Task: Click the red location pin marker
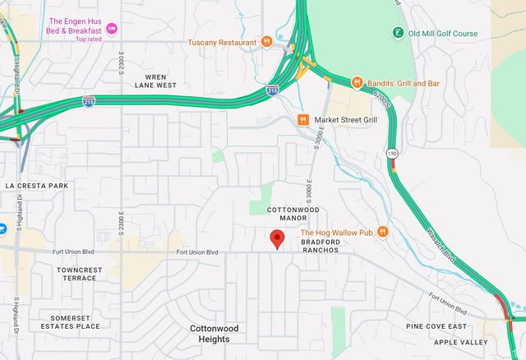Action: tap(277, 239)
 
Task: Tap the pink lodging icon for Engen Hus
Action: tap(112, 29)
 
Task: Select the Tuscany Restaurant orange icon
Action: tap(266, 42)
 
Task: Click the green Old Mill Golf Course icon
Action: tap(398, 34)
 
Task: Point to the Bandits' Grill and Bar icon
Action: tap(357, 83)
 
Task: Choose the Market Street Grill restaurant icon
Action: tap(303, 120)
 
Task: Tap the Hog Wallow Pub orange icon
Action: tap(382, 233)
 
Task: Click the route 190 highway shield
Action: tap(393, 153)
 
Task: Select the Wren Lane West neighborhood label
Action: tap(156, 80)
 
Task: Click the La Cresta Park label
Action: tap(36, 186)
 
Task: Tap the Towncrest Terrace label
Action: tap(80, 274)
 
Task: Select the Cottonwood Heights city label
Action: tap(214, 333)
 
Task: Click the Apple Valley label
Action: tap(461, 341)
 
